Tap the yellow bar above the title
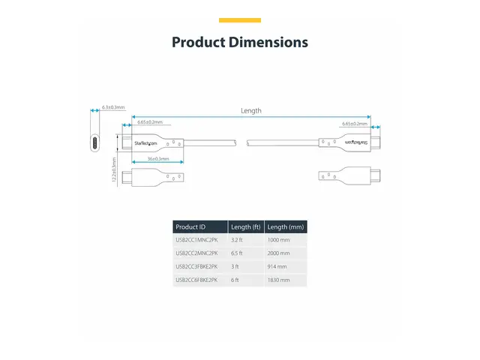point(240,20)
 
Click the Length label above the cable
point(251,110)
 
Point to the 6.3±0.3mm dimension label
point(113,108)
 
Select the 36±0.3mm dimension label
point(157,159)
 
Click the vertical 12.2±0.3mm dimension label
point(114,170)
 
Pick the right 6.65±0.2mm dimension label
point(355,124)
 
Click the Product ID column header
point(190,226)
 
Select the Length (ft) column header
point(246,226)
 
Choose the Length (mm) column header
point(286,226)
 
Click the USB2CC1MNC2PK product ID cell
point(196,239)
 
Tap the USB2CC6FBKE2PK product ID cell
point(196,280)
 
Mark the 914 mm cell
point(277,266)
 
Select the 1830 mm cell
point(279,280)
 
